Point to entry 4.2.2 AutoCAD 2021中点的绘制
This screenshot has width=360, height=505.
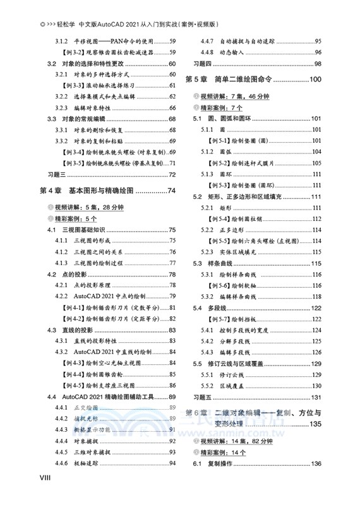(x=110, y=297)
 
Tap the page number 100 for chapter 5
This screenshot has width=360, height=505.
(x=316, y=80)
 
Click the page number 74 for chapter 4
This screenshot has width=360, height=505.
(x=169, y=191)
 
